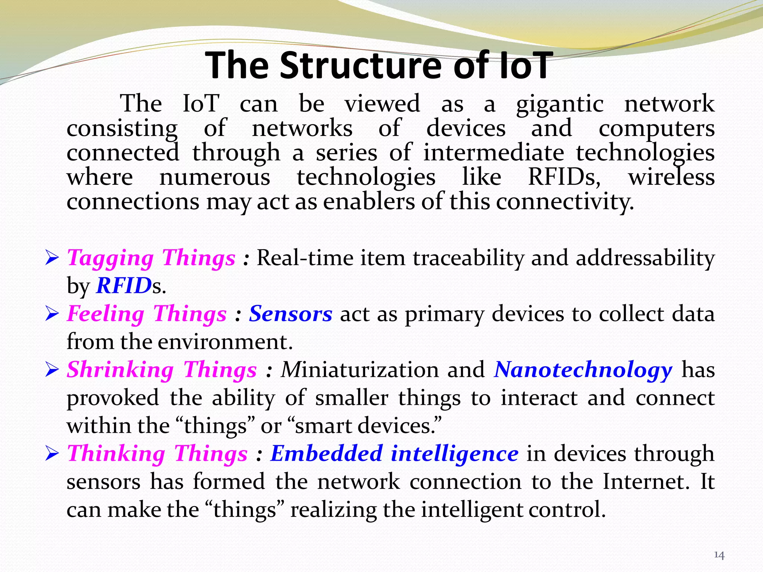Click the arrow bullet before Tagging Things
[x=52, y=258]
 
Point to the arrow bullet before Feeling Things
[x=52, y=314]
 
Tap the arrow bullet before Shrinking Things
[x=52, y=370]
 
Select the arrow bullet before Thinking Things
[x=52, y=454]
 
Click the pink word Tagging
[x=110, y=258]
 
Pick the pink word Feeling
[x=106, y=314]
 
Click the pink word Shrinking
[x=120, y=370]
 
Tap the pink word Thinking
[x=116, y=454]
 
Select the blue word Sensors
[x=291, y=314]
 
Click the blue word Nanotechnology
[x=583, y=370]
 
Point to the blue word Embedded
[x=326, y=454]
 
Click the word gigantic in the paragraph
[x=560, y=104]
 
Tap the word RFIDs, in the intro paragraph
[x=564, y=177]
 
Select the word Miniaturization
[x=360, y=370]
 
